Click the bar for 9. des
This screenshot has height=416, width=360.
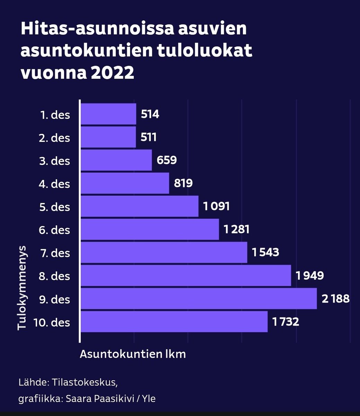(199, 298)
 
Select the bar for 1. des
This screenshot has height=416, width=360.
(108, 114)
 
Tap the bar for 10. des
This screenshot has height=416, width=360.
(174, 322)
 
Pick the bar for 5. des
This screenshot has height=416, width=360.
(139, 206)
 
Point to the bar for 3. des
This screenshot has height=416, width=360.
(116, 160)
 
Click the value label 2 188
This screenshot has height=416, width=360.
(335, 298)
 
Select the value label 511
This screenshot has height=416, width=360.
(149, 137)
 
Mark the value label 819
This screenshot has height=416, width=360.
(183, 183)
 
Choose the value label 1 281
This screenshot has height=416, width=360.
(236, 229)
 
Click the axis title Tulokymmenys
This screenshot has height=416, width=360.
(22, 288)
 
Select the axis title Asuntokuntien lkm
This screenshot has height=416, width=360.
(133, 354)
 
